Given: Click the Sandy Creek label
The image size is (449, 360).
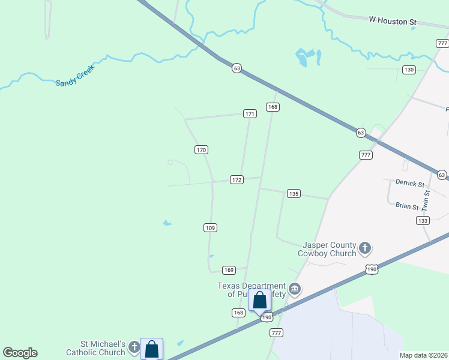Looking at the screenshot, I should point(75,79).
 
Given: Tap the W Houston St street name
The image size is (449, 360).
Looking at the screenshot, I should point(393,20).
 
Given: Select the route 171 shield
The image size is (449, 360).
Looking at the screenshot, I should point(250,113).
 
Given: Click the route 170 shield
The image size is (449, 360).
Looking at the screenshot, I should point(201,149).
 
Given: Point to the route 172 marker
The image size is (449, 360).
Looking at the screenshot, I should point(237,180).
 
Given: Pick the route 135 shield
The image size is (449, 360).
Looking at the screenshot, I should point(294,193).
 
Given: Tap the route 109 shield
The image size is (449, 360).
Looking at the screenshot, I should point(209,227).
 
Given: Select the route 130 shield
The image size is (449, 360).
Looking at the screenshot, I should point(409,70).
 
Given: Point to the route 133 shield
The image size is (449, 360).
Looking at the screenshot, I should point(423,220).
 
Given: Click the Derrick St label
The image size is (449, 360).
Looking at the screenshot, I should point(409,183).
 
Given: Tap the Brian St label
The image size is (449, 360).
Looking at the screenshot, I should point(406,206).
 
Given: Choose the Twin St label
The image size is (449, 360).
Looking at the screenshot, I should point(427,199).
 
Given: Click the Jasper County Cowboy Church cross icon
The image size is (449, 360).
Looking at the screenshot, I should point(365,248).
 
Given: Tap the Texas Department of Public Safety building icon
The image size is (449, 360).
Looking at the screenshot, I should point(294,289).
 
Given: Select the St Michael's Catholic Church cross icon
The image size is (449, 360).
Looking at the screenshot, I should point(134,347).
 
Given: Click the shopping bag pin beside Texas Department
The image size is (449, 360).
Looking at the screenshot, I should point(260,300).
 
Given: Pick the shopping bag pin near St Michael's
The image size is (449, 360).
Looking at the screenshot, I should point(152,349).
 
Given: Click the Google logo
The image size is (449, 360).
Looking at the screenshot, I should point(20,353).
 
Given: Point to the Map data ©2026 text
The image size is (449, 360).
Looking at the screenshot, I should point(423,355).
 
